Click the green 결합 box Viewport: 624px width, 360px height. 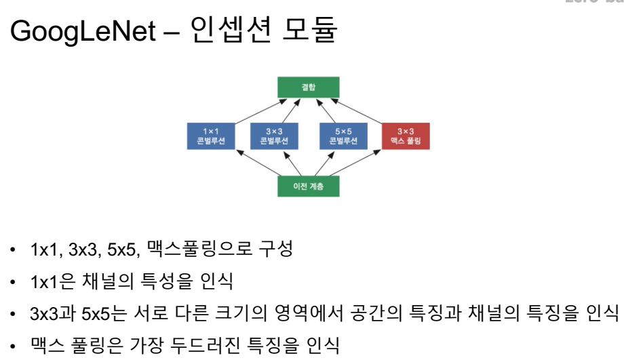(309, 87)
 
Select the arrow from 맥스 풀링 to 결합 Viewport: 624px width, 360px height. (370, 109)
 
